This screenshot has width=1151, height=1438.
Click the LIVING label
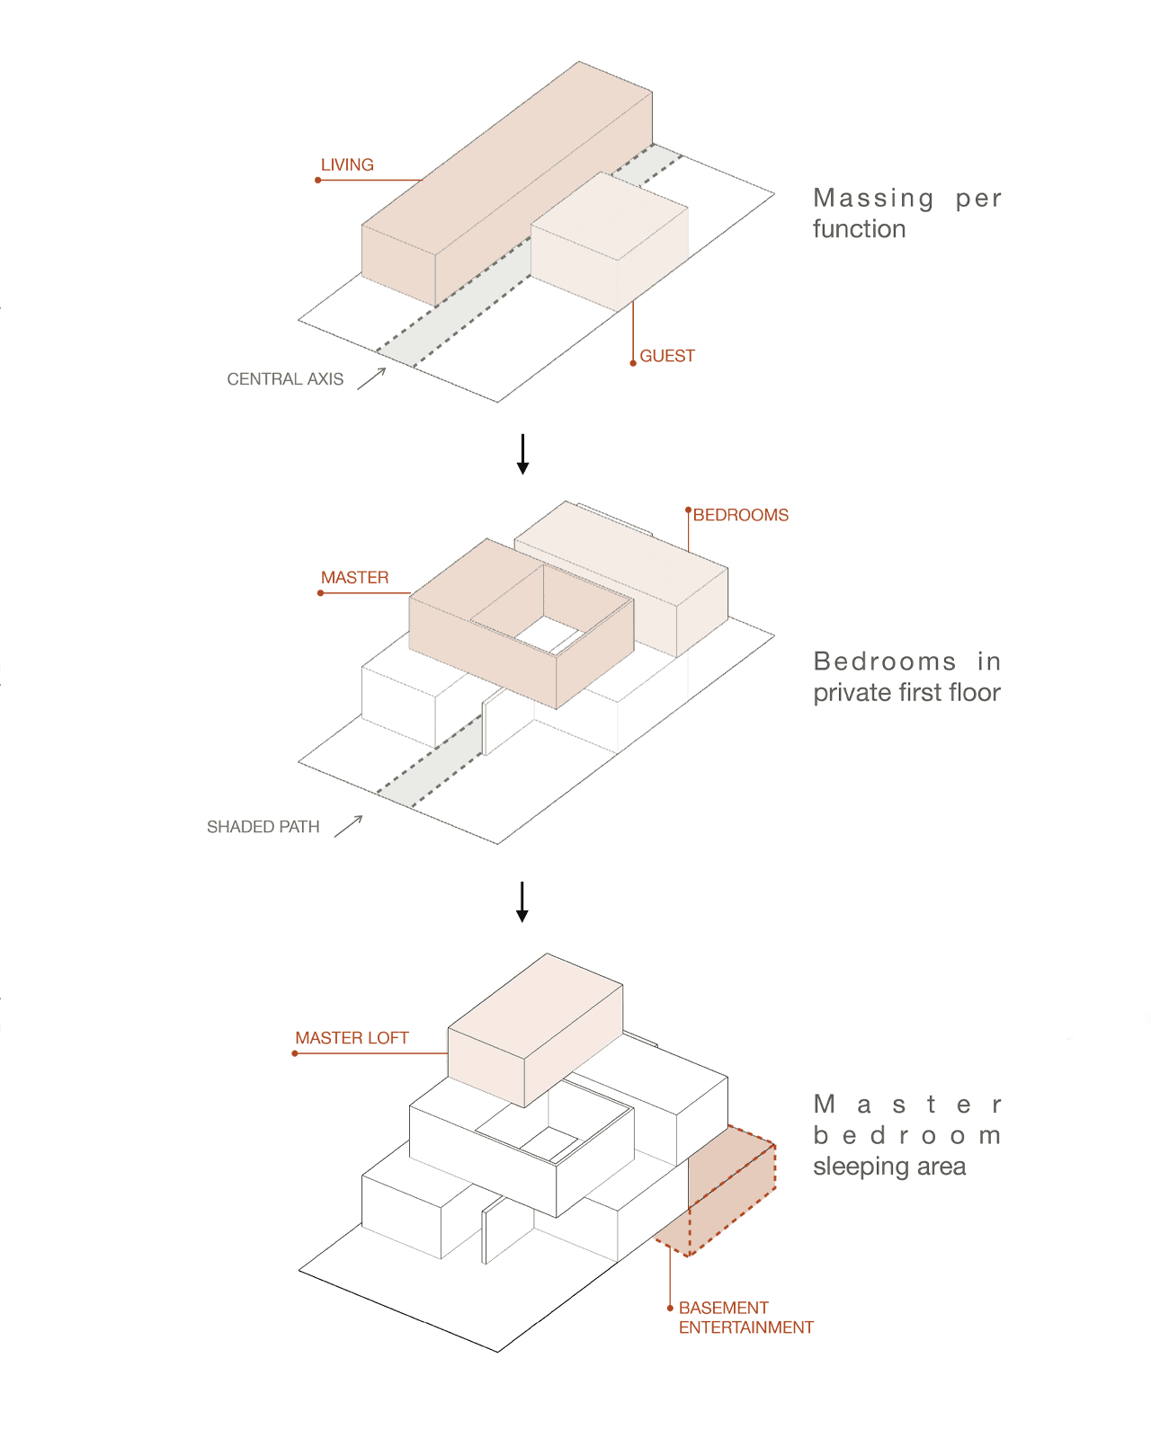(347, 165)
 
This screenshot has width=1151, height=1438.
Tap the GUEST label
(667, 356)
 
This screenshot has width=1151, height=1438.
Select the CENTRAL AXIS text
(285, 379)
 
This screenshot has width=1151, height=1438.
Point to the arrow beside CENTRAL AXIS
(371, 378)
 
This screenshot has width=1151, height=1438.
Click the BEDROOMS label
(740, 515)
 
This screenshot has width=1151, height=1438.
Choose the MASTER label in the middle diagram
(354, 578)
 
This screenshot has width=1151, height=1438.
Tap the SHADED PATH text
(263, 827)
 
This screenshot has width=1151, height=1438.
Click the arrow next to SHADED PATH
(349, 826)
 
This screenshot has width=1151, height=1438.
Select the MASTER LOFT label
(352, 1038)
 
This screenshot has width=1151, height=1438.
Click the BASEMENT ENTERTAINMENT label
(745, 1318)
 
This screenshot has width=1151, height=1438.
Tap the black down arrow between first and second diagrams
(522, 455)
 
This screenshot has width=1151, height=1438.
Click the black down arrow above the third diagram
(522, 901)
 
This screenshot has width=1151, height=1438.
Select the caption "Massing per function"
(906, 213)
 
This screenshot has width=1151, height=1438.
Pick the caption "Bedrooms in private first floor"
(906, 677)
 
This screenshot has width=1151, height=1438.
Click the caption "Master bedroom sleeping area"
(906, 1134)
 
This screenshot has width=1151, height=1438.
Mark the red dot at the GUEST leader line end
(633, 363)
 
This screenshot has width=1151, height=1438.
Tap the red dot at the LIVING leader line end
(318, 181)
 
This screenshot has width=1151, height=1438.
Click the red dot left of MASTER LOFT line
(295, 1053)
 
